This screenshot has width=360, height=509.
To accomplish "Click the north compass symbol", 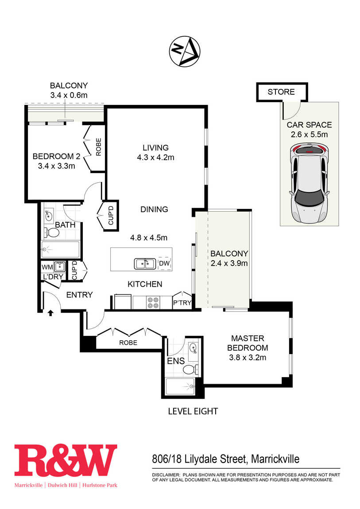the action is (x=184, y=51).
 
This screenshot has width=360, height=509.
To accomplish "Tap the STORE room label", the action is (x=281, y=92).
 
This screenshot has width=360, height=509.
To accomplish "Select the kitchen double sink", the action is (x=145, y=264).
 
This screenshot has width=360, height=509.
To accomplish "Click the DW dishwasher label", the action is (x=164, y=263).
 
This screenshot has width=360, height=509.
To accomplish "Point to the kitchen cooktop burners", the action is (x=153, y=303).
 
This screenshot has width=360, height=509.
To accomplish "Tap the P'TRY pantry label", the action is (x=182, y=303).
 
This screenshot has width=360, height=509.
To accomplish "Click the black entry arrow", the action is (x=50, y=312).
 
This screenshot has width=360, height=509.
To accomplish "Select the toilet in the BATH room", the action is (x=52, y=232).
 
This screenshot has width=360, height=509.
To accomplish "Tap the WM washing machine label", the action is (x=47, y=267).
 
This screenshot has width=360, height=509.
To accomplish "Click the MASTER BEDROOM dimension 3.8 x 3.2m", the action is (x=248, y=358).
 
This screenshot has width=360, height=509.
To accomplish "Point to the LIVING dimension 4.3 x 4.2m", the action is (x=155, y=158).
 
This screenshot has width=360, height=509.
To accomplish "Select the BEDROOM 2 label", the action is (x=57, y=156).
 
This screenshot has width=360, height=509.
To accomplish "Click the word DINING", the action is (x=154, y=209).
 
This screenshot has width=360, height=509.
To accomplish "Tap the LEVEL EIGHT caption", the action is (x=193, y=411).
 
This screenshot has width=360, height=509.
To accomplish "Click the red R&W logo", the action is (x=65, y=461).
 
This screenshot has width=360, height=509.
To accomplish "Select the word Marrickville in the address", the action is (x=275, y=459).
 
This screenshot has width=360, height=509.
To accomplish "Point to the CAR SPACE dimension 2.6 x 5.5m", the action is (x=309, y=135).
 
